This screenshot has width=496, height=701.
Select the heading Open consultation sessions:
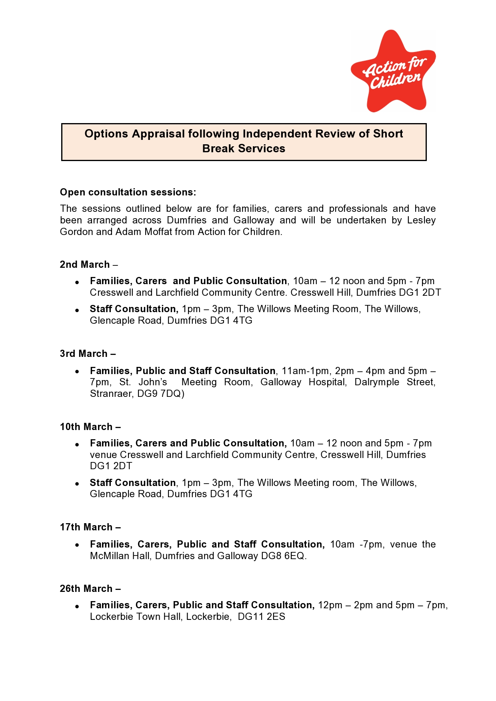(x=128, y=192)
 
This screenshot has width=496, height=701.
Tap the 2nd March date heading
(x=85, y=265)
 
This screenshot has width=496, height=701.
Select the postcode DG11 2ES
(x=262, y=617)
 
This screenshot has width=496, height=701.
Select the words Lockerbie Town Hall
(x=136, y=617)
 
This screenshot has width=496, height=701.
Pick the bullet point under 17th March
(x=77, y=545)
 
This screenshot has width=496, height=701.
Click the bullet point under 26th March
(x=77, y=606)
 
